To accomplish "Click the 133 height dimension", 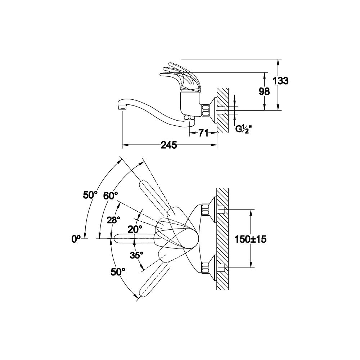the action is pos(280,81).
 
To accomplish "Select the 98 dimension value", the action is pos(264,91).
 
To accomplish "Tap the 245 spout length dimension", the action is pos(169,145).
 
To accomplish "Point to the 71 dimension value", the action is pos(203,133).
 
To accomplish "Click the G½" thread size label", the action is pos(243,129).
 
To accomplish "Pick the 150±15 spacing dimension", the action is pos(250,239).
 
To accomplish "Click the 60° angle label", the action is pos(111,195).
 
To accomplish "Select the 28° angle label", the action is pos(113,220).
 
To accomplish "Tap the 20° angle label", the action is pos(135,229).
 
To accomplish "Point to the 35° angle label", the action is pos(136,255).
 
